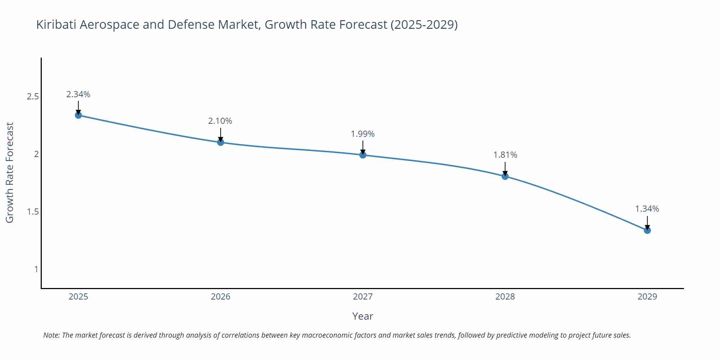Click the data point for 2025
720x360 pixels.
[78, 115]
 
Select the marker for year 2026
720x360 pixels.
[221, 142]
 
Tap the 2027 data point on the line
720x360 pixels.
[363, 155]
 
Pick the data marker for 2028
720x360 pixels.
[505, 176]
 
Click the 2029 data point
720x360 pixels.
[647, 230]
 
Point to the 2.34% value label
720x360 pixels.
[78, 94]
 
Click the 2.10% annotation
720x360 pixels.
[220, 121]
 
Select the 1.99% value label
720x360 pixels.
[363, 134]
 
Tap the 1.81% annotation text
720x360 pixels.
[505, 155]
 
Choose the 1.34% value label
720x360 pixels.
[647, 209]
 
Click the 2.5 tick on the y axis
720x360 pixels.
[33, 96]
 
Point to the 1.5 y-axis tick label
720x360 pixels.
[33, 212]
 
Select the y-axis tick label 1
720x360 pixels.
[36, 269]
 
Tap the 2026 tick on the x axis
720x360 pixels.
[221, 297]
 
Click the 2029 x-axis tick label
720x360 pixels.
[647, 297]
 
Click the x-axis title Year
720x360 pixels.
[363, 316]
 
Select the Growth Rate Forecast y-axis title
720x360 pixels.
[10, 172]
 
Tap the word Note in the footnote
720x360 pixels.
[51, 335]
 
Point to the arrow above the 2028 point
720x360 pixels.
[505, 168]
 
